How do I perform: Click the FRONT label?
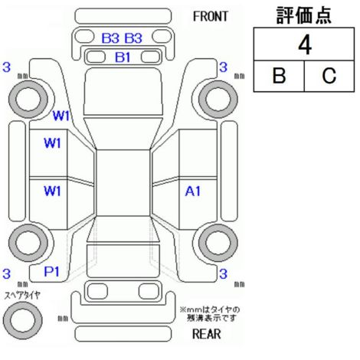pos(210,16)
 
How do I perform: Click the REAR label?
pos(207,334)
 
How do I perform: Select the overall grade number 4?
pos(305,45)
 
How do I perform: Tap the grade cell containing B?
pos(279,76)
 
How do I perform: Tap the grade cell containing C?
pos(329,76)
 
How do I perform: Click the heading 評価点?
pos(304,15)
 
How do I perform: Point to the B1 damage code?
pos(123,57)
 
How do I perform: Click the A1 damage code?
pos(193,191)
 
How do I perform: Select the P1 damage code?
pos(51,272)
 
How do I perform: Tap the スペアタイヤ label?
pos(22,296)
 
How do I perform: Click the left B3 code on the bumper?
pos(110,38)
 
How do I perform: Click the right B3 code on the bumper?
pos(133,38)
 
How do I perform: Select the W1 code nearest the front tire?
pos(61,116)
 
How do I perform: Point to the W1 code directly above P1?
pos(52,191)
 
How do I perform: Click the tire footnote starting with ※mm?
pos(210,314)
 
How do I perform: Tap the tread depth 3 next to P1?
pos(6,273)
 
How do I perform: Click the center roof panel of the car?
pos(123,183)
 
